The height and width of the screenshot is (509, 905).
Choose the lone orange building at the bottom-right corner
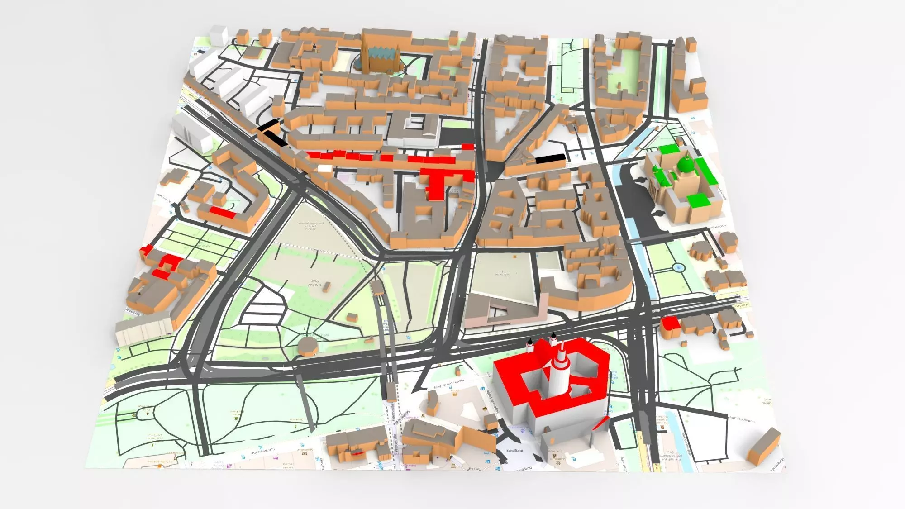coord(764,446)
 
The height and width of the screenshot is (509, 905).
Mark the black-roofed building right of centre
coord(550,158)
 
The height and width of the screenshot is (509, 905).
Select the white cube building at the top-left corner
coord(219,35)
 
